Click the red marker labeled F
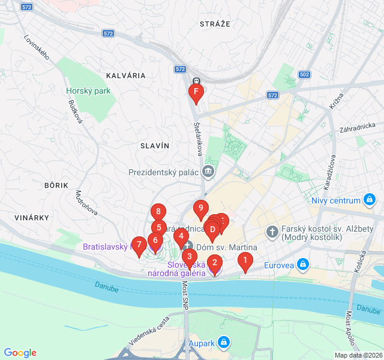(x=196, y=92)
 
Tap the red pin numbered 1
(x=244, y=261)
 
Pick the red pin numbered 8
(x=158, y=212)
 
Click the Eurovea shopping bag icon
(x=304, y=263)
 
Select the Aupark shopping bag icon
(x=224, y=342)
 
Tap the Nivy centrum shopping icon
(x=370, y=200)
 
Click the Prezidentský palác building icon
(x=208, y=172)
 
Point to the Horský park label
(x=89, y=91)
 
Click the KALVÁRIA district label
(x=125, y=76)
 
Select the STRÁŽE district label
(x=214, y=23)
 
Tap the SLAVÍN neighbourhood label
(x=155, y=146)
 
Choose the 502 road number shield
(x=304, y=75)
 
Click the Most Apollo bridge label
(x=351, y=331)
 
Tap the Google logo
(x=20, y=353)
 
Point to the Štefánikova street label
(x=197, y=136)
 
